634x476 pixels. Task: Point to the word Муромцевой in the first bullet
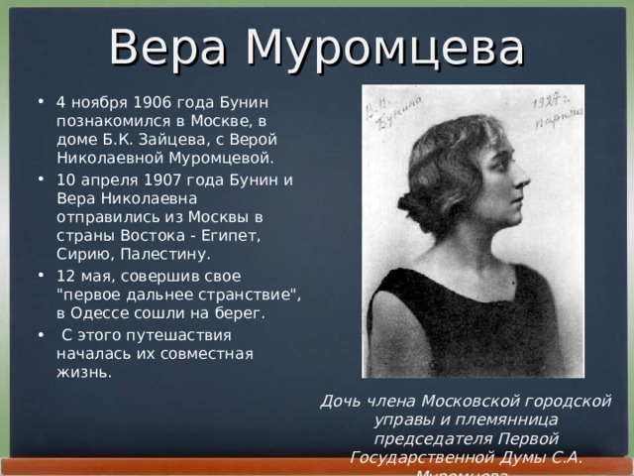tap(224, 157)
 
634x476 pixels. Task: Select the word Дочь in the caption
tap(338, 402)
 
